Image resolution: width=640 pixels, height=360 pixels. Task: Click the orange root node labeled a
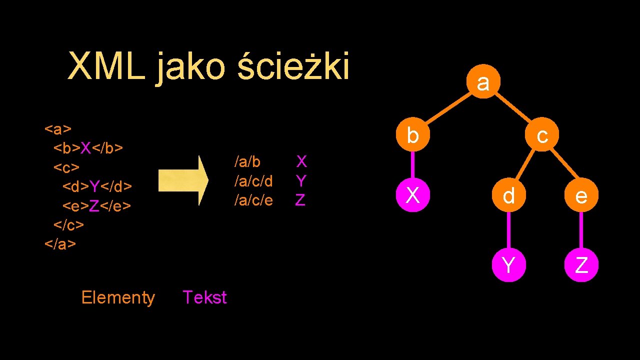pos(483,81)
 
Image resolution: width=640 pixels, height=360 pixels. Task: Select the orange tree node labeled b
pos(412,135)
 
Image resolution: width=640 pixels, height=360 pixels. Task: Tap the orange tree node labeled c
pos(541,135)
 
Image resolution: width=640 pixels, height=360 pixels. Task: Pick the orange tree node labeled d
pos(508,195)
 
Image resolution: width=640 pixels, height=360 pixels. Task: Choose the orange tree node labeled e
pos(581,195)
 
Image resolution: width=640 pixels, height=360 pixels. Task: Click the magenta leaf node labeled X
pos(412,195)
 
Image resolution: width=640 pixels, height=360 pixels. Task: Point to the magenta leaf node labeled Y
pos(508,264)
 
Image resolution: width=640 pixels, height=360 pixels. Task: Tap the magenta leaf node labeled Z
pos(581,264)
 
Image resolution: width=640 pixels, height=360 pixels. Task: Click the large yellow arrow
pos(183,180)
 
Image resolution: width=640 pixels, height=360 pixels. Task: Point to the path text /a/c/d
pos(254,180)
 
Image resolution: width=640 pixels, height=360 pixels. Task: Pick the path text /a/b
pos(247,161)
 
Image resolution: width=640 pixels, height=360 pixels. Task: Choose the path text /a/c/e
pos(254,200)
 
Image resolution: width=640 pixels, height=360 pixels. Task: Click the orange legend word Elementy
pos(118,297)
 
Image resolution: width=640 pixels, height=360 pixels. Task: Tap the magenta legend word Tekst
pos(204,297)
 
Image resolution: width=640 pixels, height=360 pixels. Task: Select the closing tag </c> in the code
pos(69,225)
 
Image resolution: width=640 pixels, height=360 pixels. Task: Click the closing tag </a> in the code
pos(60,244)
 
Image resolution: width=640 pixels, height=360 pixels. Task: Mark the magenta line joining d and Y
pos(508,230)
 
